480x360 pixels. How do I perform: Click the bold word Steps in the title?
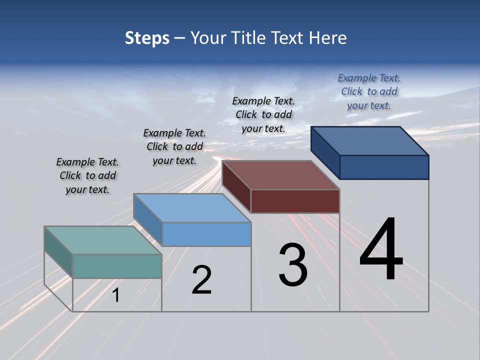(147, 38)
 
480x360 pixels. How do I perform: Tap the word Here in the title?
(328, 38)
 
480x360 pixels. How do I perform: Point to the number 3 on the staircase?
(293, 265)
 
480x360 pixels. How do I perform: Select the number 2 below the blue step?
(201, 280)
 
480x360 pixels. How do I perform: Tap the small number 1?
(116, 295)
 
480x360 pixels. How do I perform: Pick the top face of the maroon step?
(280, 175)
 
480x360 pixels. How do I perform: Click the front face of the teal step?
(117, 266)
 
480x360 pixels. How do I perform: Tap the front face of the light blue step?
(206, 234)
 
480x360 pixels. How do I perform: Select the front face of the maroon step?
(295, 201)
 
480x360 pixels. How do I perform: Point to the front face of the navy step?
(384, 167)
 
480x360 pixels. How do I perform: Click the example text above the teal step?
(87, 175)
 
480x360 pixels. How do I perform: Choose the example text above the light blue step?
(174, 146)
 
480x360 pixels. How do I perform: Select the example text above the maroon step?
(263, 114)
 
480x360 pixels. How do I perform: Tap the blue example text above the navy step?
(369, 91)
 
